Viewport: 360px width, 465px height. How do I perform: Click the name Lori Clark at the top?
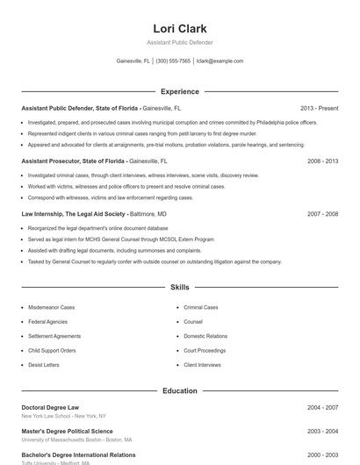[179, 28]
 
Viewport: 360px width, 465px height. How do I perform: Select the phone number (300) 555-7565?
[173, 61]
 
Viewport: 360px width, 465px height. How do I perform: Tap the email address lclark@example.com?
[220, 61]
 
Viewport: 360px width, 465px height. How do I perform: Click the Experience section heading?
[179, 91]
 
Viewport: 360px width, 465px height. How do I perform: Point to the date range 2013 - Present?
[319, 108]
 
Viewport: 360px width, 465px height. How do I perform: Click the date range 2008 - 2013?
[322, 161]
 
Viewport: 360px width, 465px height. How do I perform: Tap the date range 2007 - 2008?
[322, 213]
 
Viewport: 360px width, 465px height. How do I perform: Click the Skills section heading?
[179, 287]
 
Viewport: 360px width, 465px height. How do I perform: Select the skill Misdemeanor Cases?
[51, 308]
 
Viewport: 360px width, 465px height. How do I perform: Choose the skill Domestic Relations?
[205, 336]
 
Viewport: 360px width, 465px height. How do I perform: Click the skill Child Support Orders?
[52, 350]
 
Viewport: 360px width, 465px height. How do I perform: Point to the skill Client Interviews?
[202, 364]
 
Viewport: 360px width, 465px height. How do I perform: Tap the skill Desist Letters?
[44, 364]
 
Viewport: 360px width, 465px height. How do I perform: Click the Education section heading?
[179, 391]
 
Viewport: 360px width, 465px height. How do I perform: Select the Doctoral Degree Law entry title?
[50, 407]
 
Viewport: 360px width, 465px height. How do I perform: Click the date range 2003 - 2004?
[322, 432]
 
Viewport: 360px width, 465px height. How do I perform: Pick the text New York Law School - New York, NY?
[63, 416]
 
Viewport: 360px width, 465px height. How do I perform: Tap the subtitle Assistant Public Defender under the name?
[179, 42]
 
